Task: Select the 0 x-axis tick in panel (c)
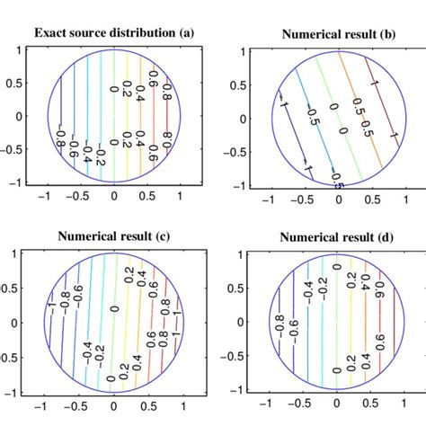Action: (112, 407)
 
